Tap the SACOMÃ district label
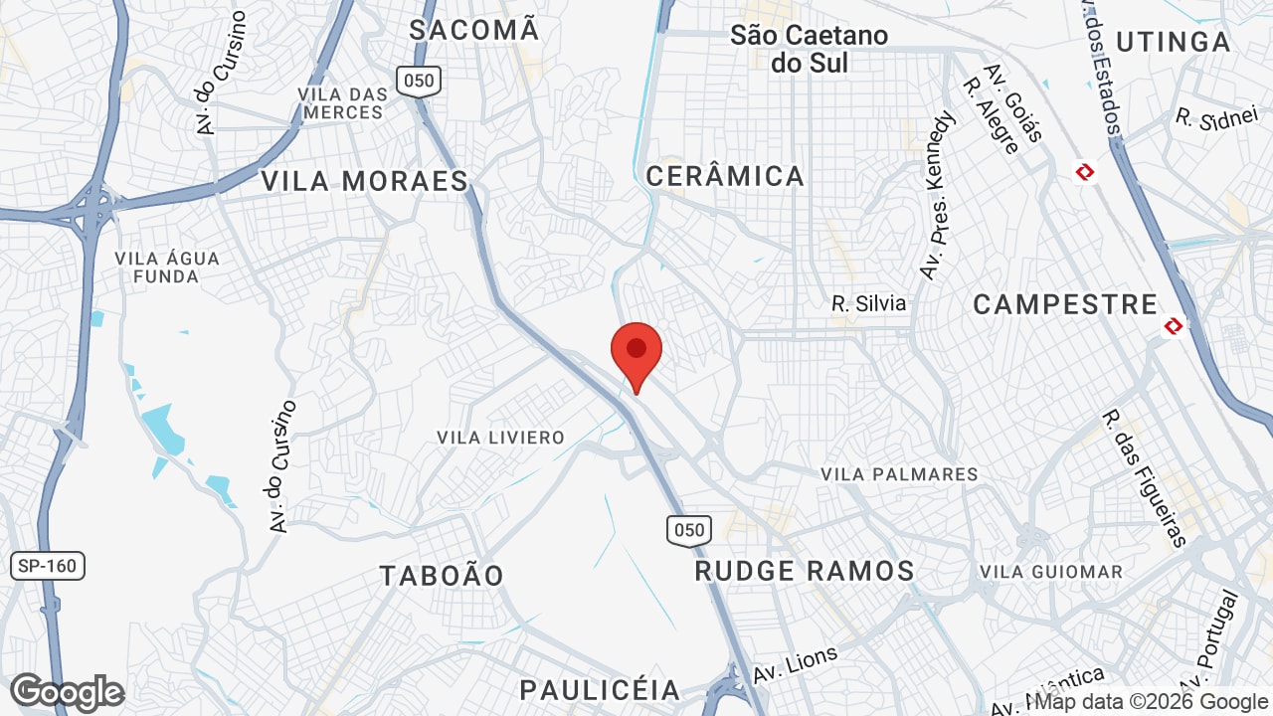(474, 30)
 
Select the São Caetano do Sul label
(809, 48)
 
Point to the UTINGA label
(1173, 42)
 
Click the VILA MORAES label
(364, 181)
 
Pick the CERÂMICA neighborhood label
(725, 176)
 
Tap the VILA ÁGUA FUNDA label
(167, 268)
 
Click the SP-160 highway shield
(48, 567)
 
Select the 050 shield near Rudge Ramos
(689, 530)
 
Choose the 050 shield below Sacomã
(419, 82)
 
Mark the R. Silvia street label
(869, 303)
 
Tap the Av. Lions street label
(796, 663)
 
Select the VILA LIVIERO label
(500, 438)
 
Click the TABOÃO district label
(442, 575)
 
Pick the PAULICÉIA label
(600, 689)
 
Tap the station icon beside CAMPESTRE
(1175, 325)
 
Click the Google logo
(67, 691)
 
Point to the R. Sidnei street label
(1215, 117)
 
